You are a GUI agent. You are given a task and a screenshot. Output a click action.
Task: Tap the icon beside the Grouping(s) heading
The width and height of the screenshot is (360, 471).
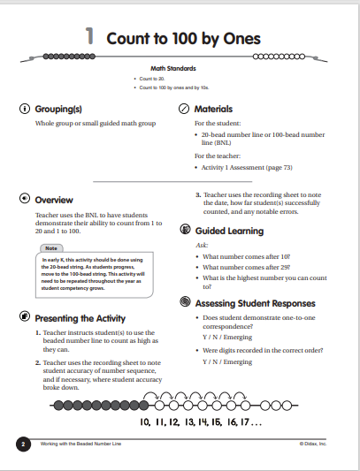pyautogui.click(x=24, y=109)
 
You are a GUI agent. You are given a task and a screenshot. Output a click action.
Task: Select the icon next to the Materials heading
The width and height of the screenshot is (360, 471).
pyautogui.click(x=184, y=109)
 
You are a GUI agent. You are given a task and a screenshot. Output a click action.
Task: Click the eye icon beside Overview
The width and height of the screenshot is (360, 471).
pyautogui.click(x=24, y=200)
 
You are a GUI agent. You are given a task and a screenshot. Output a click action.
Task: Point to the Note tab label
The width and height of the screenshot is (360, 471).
pyautogui.click(x=52, y=248)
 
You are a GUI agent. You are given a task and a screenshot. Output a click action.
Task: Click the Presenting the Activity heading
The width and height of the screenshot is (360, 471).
pyautogui.click(x=80, y=317)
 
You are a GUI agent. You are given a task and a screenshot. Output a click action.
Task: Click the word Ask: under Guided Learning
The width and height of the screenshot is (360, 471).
pyautogui.click(x=201, y=245)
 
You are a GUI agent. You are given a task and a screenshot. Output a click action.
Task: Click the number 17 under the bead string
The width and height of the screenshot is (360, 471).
pyautogui.click(x=251, y=422)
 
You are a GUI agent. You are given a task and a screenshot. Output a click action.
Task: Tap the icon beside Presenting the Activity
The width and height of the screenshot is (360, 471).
pyautogui.click(x=24, y=317)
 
